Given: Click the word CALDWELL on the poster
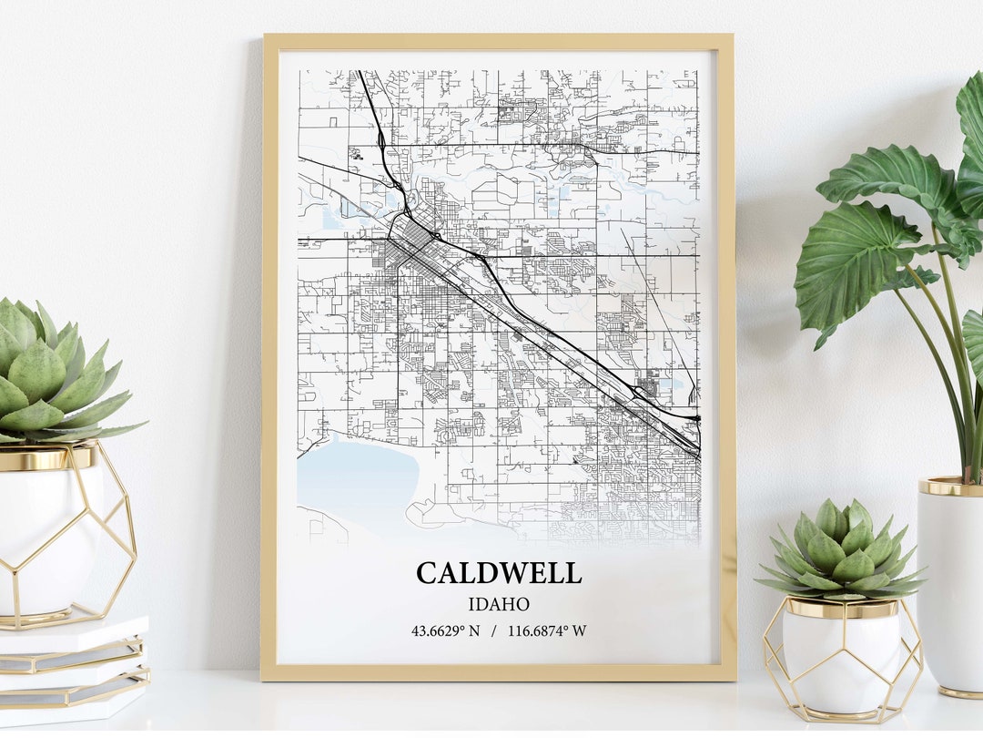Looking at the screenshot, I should tap(498, 573).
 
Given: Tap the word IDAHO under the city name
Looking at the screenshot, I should tap(498, 604).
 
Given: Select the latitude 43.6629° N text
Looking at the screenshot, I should tap(445, 630).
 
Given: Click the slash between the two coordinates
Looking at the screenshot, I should tap(492, 630).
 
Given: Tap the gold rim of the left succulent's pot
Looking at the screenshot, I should tap(46, 458).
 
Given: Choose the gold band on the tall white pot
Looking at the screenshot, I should tap(951, 486).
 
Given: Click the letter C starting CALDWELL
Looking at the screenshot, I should tap(428, 573).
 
